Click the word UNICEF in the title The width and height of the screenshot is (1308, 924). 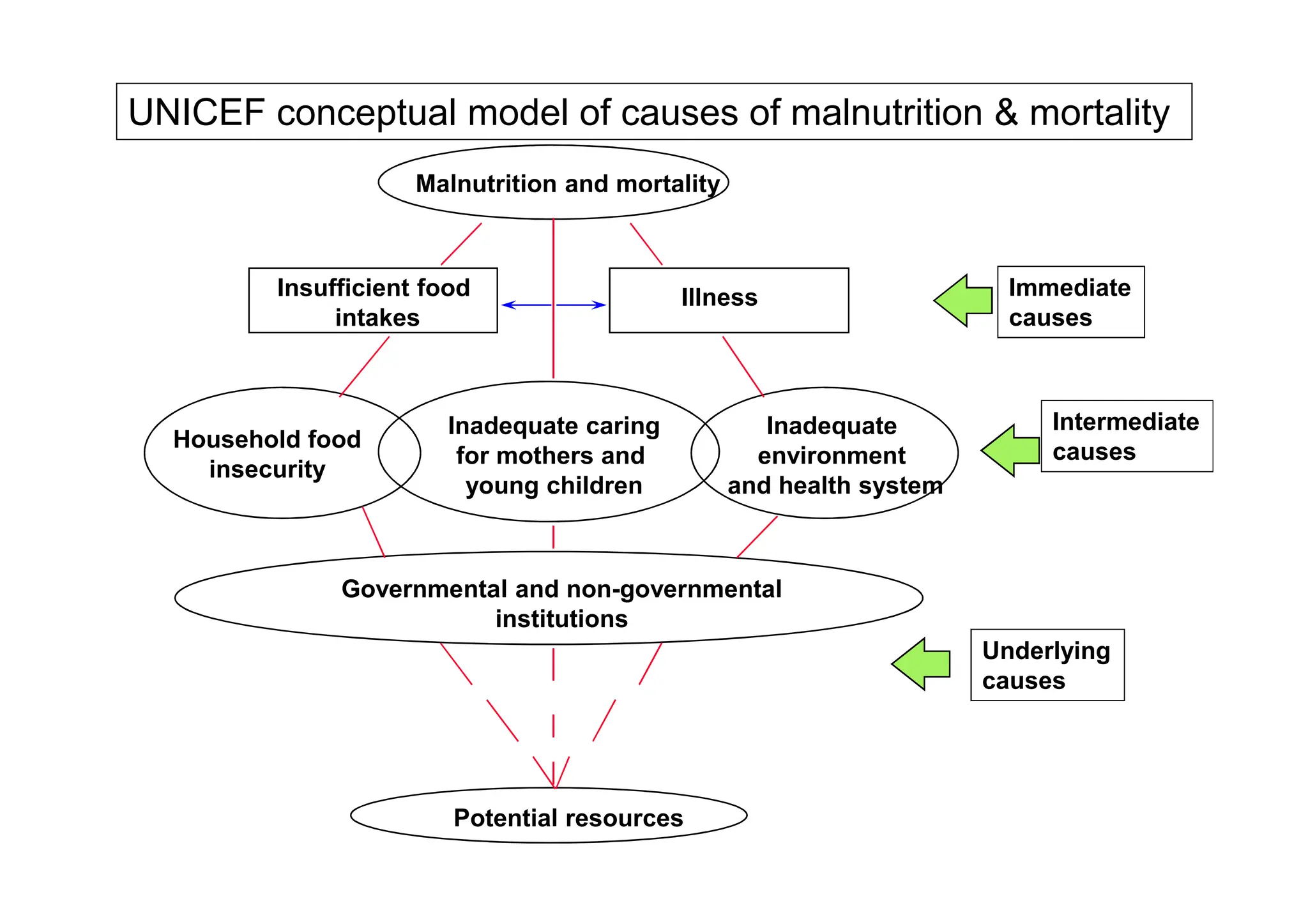pyautogui.click(x=196, y=113)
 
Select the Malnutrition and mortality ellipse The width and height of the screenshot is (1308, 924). pyautogui.click(x=553, y=183)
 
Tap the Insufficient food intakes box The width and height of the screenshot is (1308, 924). pyautogui.click(x=373, y=301)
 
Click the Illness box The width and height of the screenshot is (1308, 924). pyautogui.click(x=728, y=299)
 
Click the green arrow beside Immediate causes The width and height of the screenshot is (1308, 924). pyautogui.click(x=963, y=300)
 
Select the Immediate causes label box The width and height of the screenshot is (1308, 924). pyautogui.click(x=1070, y=302)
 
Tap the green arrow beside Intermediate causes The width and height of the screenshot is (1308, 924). pyautogui.click(x=1010, y=450)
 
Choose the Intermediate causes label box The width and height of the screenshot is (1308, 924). pyautogui.click(x=1126, y=436)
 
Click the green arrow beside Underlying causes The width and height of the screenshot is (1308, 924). pyautogui.click(x=920, y=664)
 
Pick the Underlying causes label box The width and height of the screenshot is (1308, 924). pyautogui.click(x=1047, y=665)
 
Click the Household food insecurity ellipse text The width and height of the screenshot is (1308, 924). pyautogui.click(x=267, y=454)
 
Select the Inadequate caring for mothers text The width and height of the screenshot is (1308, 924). pyautogui.click(x=553, y=455)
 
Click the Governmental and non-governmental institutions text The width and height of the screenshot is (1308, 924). pyautogui.click(x=561, y=603)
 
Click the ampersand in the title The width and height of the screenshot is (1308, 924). pyautogui.click(x=1006, y=113)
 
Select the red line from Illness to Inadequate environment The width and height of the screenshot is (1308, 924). pyautogui.click(x=743, y=366)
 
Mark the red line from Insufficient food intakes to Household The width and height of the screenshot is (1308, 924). pyautogui.click(x=365, y=367)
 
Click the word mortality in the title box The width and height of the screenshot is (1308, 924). pyautogui.click(x=1099, y=113)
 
